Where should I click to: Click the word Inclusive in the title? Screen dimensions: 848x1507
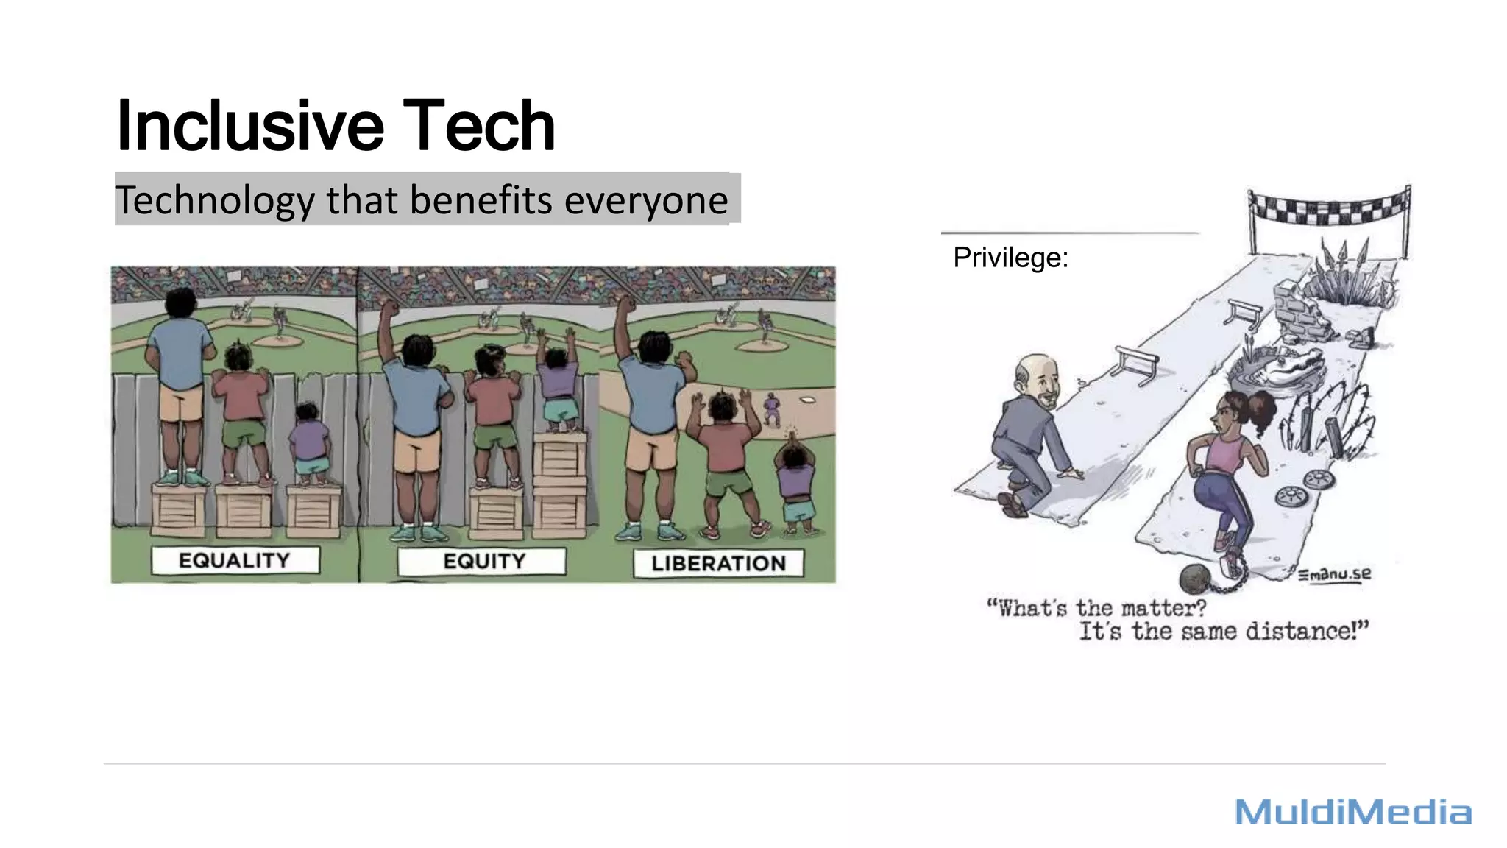[x=250, y=127]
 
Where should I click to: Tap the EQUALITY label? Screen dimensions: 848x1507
[x=235, y=561]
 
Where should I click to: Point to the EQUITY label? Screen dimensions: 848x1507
[x=483, y=562]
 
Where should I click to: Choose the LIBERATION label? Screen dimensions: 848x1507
[x=718, y=564]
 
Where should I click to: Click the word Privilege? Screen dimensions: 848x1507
[x=1010, y=258]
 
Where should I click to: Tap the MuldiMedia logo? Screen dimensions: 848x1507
[x=1352, y=813]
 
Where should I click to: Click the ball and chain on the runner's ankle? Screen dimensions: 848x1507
[x=1196, y=579]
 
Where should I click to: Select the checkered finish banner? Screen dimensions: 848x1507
[x=1329, y=207]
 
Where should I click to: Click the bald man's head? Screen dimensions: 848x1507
[x=1038, y=376]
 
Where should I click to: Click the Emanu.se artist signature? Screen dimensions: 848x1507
[x=1334, y=574]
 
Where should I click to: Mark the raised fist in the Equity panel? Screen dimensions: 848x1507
[x=387, y=308]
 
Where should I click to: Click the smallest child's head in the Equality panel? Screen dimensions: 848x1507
[x=306, y=412]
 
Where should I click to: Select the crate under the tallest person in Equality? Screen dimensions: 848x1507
[x=180, y=508]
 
